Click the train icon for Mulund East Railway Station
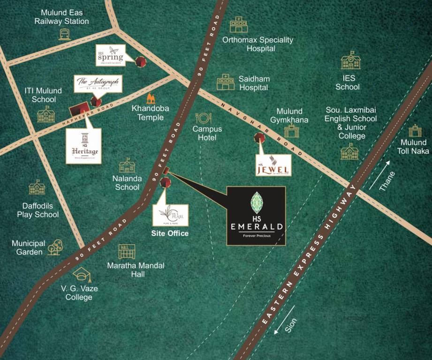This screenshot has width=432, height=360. [x=65, y=34]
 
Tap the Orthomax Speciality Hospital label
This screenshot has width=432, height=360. [x=258, y=44]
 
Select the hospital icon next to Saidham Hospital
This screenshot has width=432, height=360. [x=226, y=82]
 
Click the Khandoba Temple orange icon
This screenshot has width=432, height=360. [x=151, y=98]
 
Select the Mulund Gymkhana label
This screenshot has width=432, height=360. [x=289, y=115]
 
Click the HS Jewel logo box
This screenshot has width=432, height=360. [x=274, y=165]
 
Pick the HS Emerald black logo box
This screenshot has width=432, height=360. [x=256, y=216]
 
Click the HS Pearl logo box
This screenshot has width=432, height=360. [x=170, y=215]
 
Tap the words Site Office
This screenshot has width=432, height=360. [x=169, y=233]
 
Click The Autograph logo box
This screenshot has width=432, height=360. [x=99, y=84]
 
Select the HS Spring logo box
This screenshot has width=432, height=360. [x=111, y=55]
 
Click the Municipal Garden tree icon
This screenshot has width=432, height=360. [x=55, y=247]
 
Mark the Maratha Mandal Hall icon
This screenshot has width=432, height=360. [x=127, y=251]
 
